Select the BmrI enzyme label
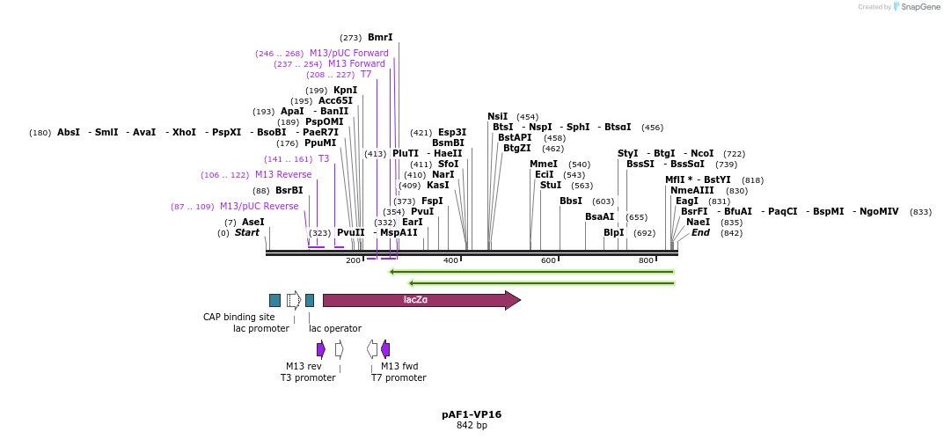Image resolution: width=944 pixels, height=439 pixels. (380, 38)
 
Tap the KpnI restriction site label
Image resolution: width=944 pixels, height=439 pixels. (345, 90)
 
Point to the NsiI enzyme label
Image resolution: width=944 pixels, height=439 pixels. (498, 116)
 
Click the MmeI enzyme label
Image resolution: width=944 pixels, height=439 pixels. (544, 164)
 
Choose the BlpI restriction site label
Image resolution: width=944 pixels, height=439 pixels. (613, 232)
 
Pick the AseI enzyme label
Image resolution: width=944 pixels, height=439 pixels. (252, 222)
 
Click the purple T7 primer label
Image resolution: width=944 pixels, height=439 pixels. (366, 75)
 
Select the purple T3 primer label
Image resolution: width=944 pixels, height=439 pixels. (323, 158)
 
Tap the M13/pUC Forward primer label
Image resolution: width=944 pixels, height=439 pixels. (348, 53)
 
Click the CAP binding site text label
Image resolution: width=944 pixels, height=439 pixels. (239, 317)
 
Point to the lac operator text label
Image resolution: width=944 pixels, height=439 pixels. (335, 328)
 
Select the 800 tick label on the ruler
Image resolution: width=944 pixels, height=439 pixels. (646, 261)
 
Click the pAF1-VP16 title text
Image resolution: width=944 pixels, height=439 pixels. (472, 413)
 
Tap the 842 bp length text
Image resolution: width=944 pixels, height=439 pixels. (472, 426)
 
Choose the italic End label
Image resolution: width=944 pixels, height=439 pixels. (700, 232)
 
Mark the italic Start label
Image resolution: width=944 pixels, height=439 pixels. (247, 232)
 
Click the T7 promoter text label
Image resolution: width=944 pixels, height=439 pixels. (399, 377)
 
